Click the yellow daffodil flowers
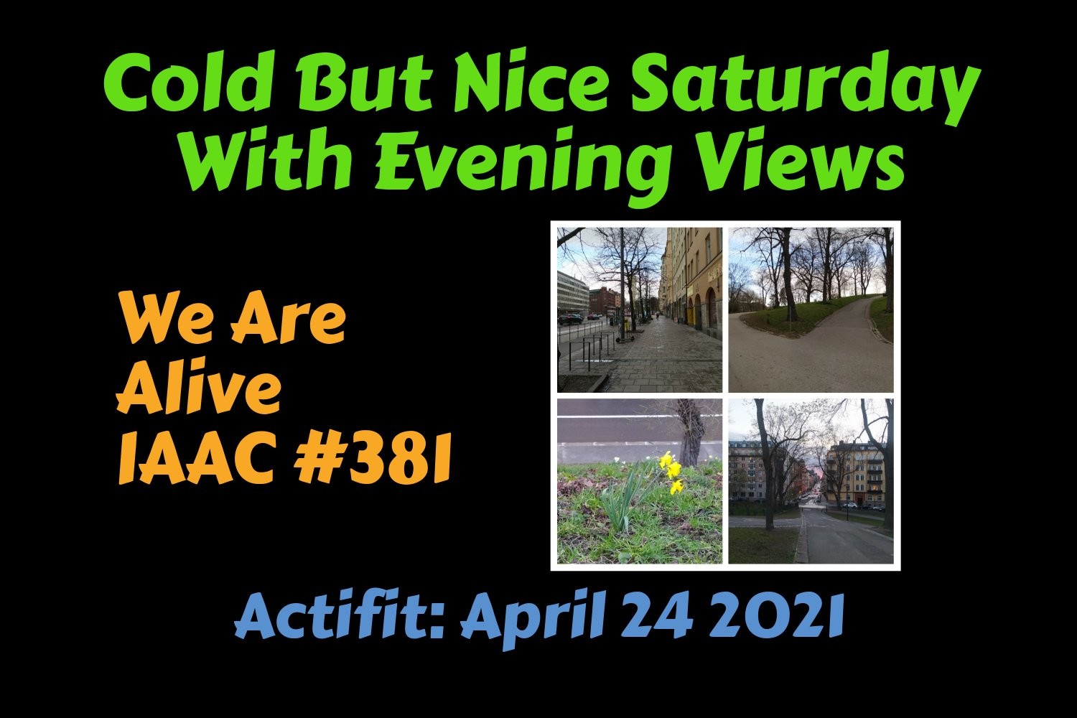click(x=671, y=472)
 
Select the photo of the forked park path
click(x=811, y=309)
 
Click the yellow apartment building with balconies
click(x=855, y=474)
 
